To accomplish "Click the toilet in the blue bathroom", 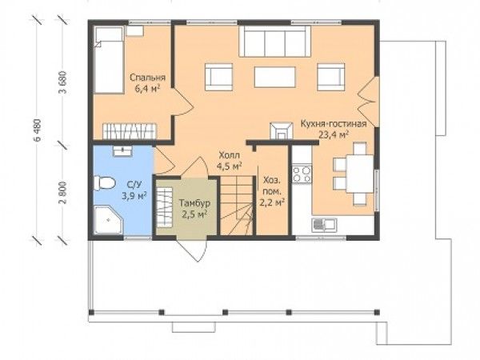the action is (104, 183).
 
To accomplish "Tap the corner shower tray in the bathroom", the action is (108, 220).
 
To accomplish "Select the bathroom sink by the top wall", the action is (122, 151).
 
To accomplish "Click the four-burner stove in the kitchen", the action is (302, 174).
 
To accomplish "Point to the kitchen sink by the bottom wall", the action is (324, 225).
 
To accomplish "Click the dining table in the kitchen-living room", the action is (360, 174).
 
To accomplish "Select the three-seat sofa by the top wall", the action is (274, 42).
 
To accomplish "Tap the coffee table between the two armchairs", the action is (275, 77).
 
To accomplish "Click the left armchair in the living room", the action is (218, 77).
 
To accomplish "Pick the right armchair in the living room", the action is (331, 77).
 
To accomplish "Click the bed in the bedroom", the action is (109, 60).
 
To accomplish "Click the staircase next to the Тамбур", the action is (237, 206).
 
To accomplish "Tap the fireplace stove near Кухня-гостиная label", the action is (281, 131).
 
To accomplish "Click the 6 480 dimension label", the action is (38, 130).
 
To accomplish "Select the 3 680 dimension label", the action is (63, 82).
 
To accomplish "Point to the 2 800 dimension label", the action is (63, 193).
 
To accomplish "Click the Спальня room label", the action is (147, 78).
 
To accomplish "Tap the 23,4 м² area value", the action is (334, 134).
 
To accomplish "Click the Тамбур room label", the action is (194, 203).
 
